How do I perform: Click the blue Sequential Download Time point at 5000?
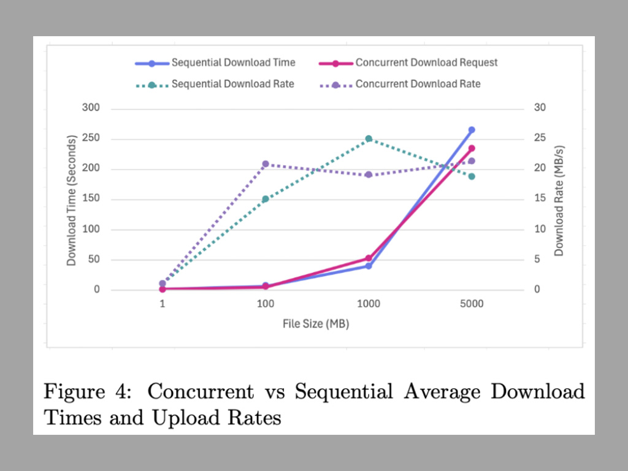(472, 130)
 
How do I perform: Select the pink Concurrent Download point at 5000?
(472, 148)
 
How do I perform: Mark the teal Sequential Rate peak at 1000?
(369, 139)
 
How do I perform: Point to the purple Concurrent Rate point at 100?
(266, 164)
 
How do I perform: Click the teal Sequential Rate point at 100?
(266, 199)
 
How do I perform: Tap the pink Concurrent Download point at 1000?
(369, 258)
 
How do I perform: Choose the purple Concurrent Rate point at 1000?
(369, 175)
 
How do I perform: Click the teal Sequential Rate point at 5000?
(472, 177)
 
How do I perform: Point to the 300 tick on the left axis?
(92, 109)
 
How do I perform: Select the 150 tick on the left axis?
(92, 199)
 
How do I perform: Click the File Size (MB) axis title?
(316, 324)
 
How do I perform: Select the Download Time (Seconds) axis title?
(72, 200)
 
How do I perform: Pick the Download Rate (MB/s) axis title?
(559, 200)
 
